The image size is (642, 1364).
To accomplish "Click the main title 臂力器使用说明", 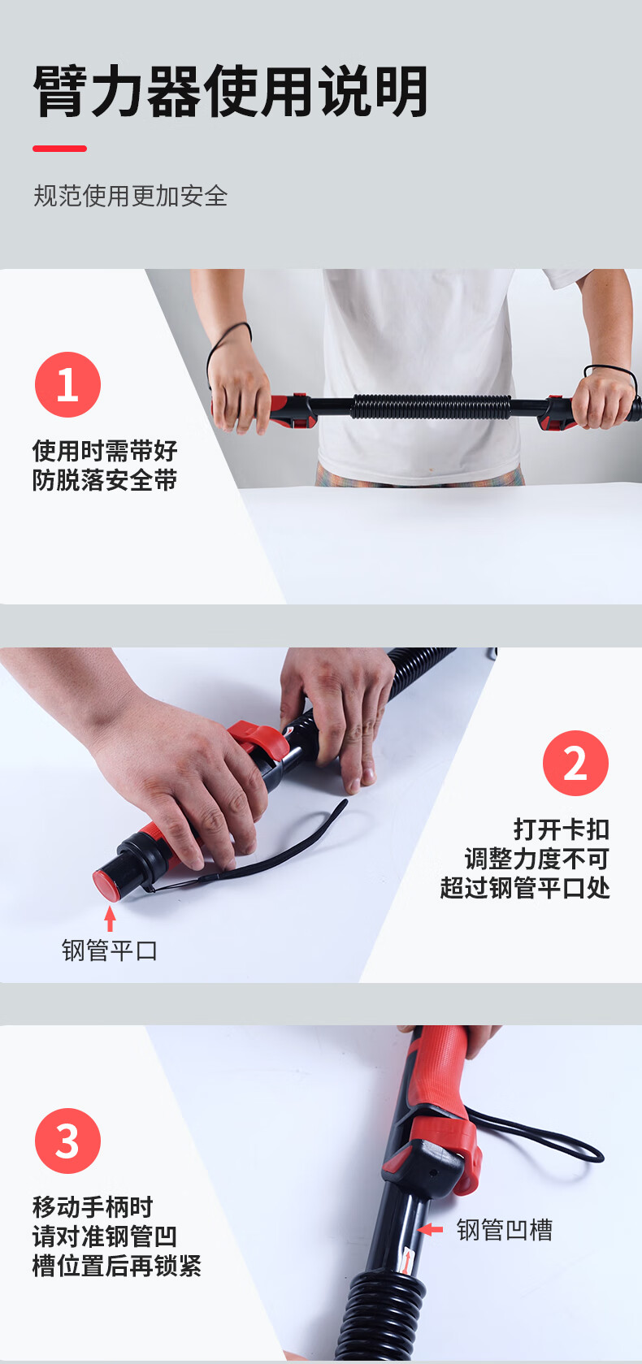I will (x=231, y=92).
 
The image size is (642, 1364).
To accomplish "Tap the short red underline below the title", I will (x=59, y=149).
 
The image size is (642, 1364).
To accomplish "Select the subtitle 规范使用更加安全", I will (x=130, y=196).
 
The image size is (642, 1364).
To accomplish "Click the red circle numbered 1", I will (x=67, y=384).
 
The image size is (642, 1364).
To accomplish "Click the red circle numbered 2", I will (x=575, y=763).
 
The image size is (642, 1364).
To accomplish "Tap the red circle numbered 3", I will (x=67, y=1141).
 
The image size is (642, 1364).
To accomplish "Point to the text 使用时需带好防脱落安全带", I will (x=105, y=465).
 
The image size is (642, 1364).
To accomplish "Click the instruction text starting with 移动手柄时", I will (x=116, y=1236).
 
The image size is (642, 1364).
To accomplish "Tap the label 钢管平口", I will (x=110, y=950).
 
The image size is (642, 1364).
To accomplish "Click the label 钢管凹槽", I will (x=504, y=1230).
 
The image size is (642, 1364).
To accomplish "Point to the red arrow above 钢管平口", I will (x=110, y=918).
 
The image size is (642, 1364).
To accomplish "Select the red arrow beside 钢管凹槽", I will (x=431, y=1230).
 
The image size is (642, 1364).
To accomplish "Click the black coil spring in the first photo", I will (x=431, y=406).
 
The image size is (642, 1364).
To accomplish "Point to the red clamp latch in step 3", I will (x=443, y=1154).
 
